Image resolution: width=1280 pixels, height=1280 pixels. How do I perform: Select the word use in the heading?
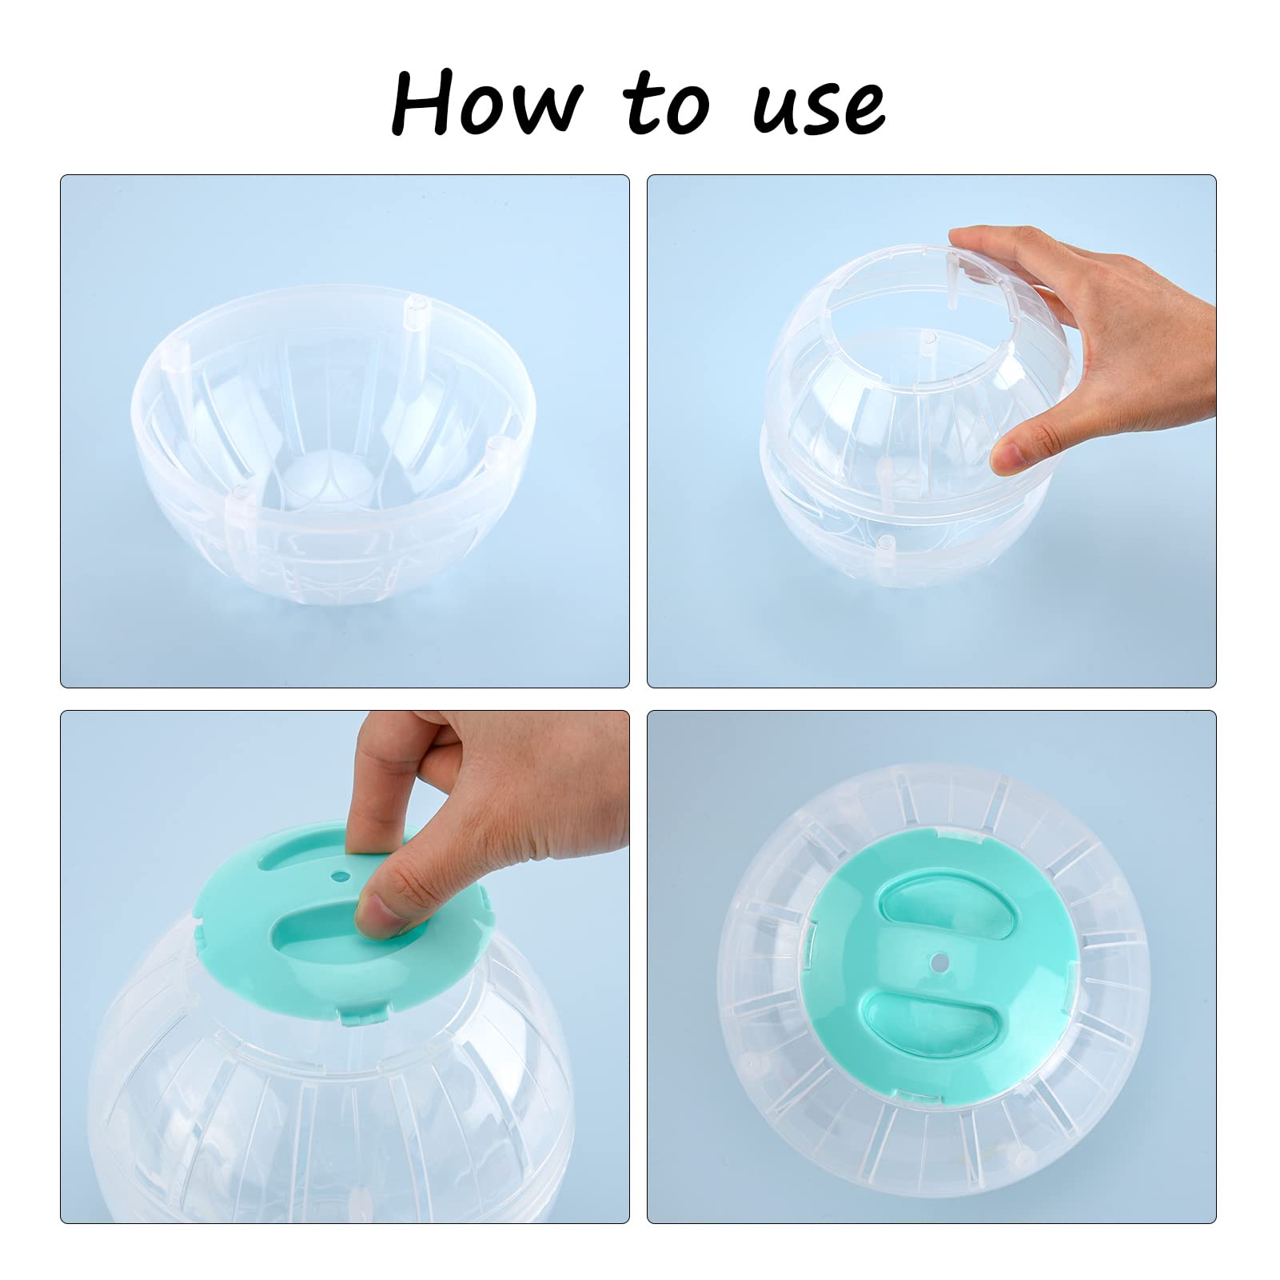[x=819, y=108]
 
